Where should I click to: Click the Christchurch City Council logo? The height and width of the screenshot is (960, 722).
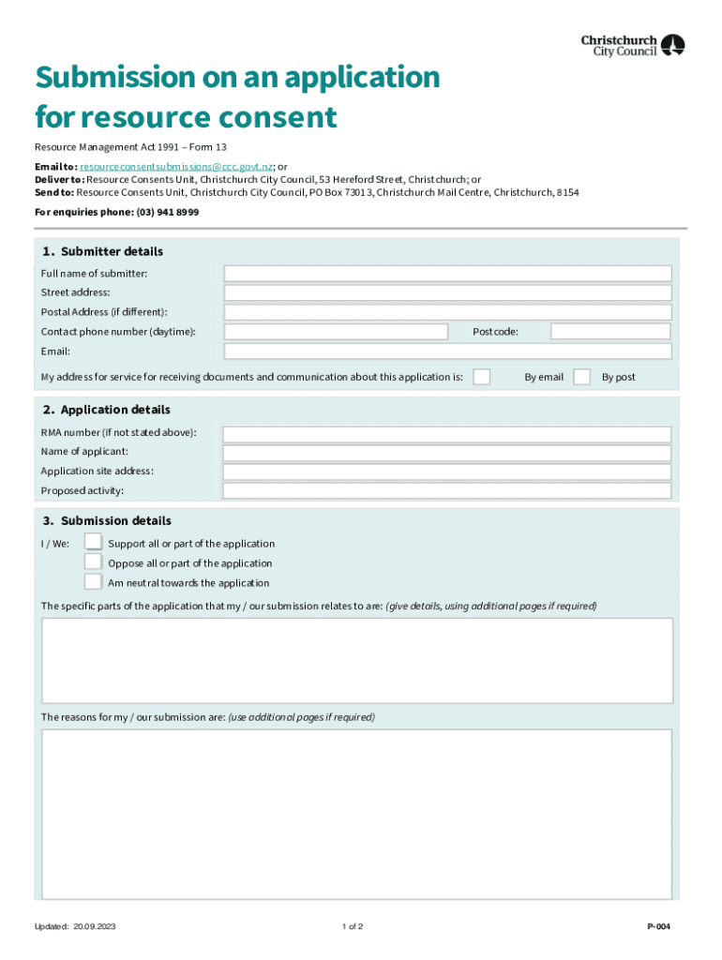pyautogui.click(x=633, y=45)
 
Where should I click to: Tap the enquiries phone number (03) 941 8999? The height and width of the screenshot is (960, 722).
pyautogui.click(x=168, y=213)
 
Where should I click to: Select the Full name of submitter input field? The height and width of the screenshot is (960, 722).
pyautogui.click(x=447, y=273)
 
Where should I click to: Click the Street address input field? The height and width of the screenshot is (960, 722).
pyautogui.click(x=447, y=292)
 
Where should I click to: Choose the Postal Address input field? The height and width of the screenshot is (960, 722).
pyautogui.click(x=447, y=312)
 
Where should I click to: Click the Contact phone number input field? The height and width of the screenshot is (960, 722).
pyautogui.click(x=348, y=332)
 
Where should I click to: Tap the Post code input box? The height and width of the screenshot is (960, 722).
pyautogui.click(x=610, y=332)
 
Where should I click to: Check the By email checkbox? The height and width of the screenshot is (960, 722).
pyautogui.click(x=481, y=377)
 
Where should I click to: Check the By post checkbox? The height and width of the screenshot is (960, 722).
pyautogui.click(x=581, y=377)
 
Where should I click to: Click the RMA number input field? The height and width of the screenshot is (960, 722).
pyautogui.click(x=447, y=434)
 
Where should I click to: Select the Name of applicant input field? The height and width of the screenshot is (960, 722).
pyautogui.click(x=447, y=453)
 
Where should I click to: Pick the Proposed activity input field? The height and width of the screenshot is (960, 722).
pyautogui.click(x=447, y=491)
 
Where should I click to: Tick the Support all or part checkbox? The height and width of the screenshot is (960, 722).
pyautogui.click(x=93, y=542)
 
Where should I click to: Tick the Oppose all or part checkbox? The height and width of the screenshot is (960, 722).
pyautogui.click(x=93, y=562)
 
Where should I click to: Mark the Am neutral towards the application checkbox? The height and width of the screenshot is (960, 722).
pyautogui.click(x=93, y=581)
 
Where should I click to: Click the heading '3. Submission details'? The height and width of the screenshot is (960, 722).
pyautogui.click(x=107, y=521)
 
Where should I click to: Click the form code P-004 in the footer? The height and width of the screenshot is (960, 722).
pyautogui.click(x=658, y=927)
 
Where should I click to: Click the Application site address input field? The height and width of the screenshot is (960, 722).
pyautogui.click(x=447, y=472)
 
